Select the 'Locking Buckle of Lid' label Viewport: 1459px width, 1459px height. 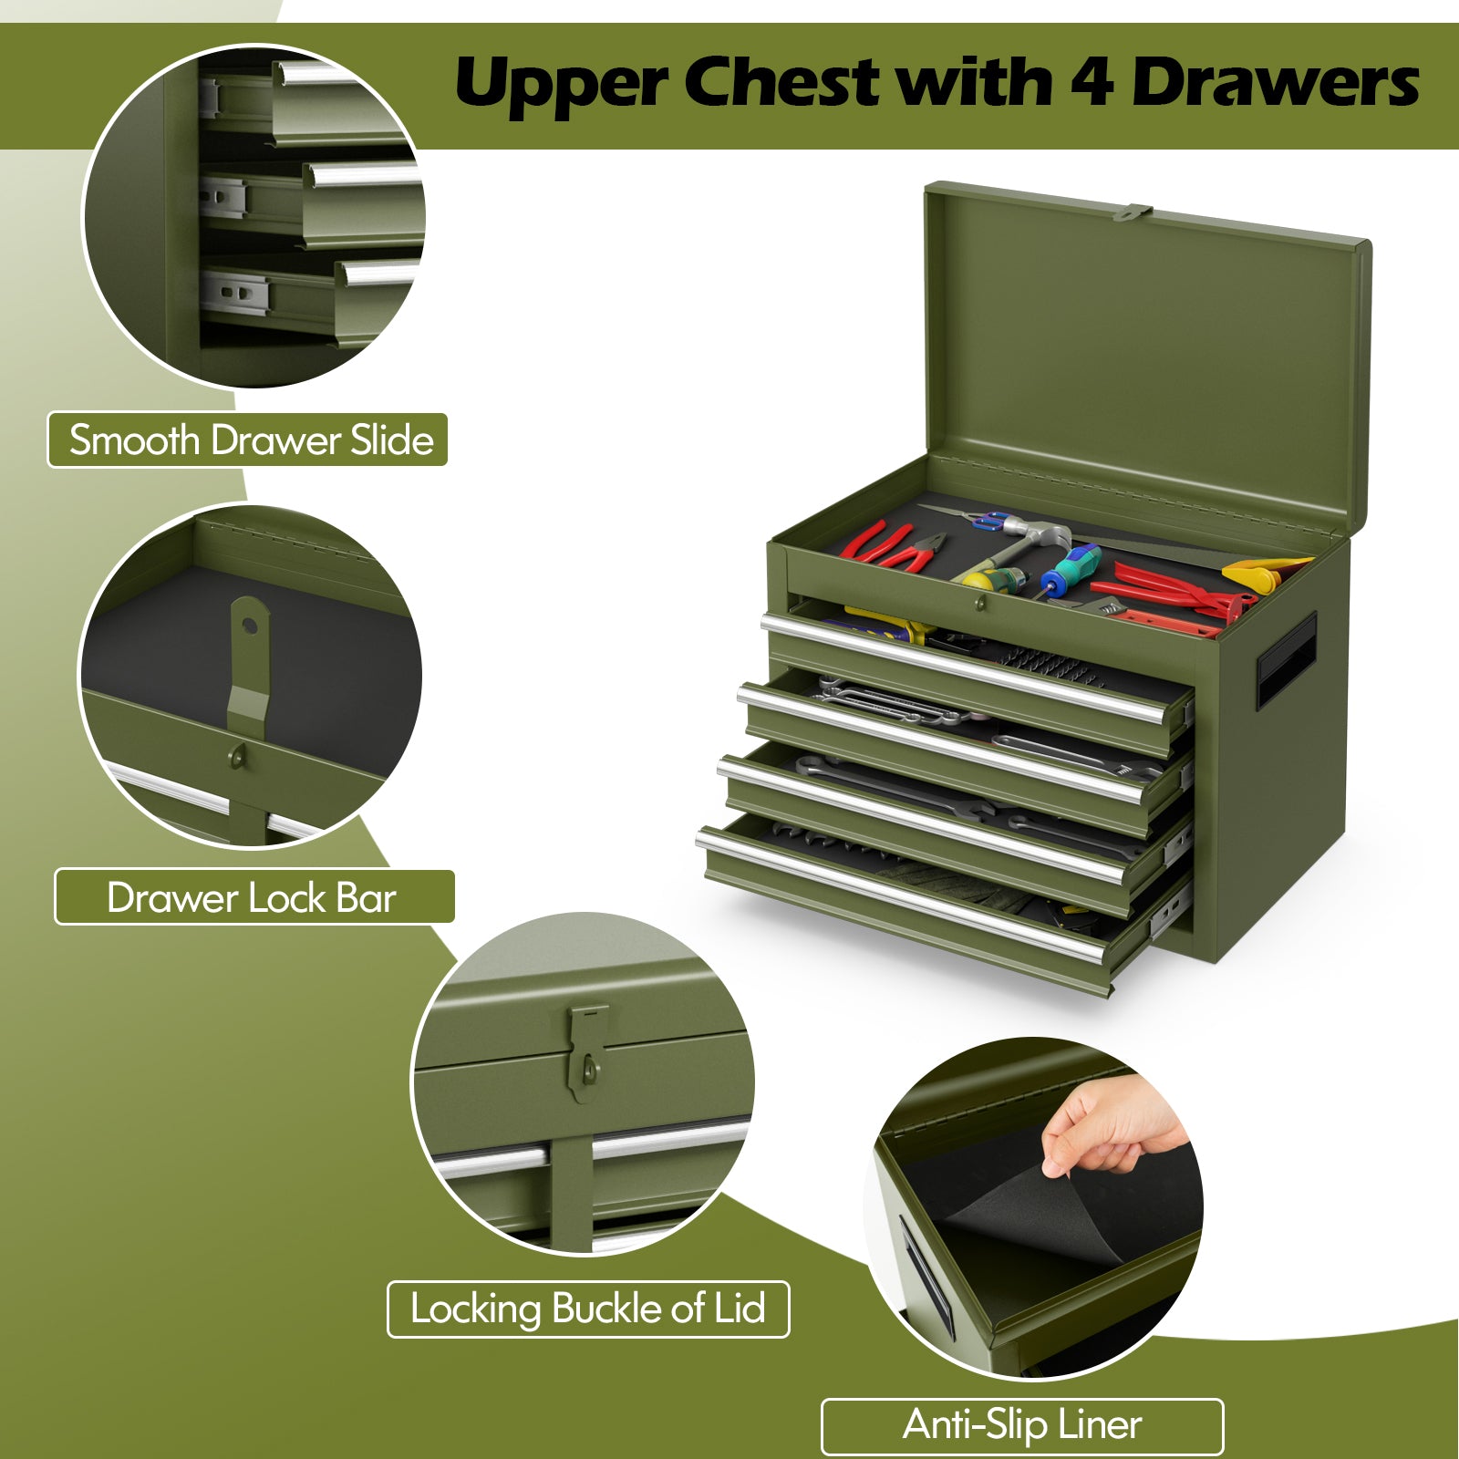[x=588, y=1309]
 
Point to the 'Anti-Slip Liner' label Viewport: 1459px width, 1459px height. [x=1022, y=1425]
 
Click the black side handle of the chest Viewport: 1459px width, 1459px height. [x=1286, y=660]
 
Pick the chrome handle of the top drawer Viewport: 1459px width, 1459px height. [x=965, y=668]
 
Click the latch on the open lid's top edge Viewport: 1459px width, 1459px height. [x=1133, y=212]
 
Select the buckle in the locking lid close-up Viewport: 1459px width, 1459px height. [x=586, y=1053]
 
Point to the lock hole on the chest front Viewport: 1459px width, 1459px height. [x=979, y=603]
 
